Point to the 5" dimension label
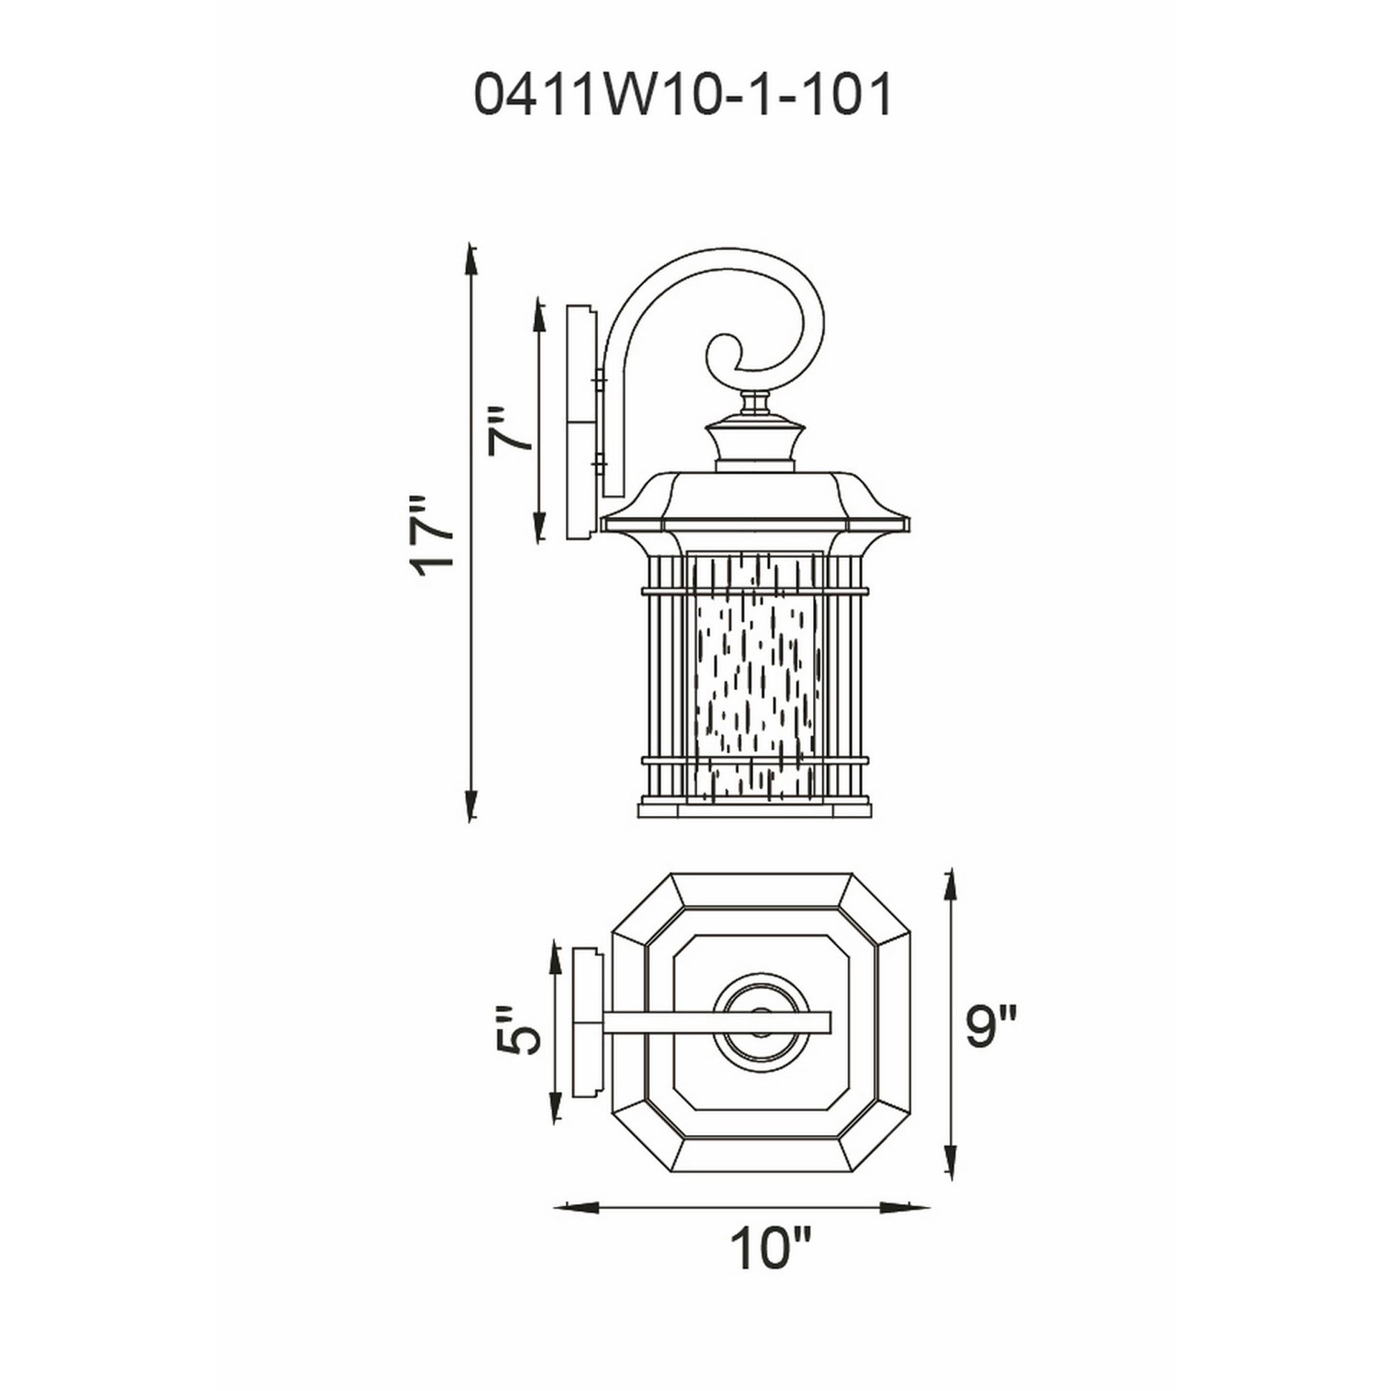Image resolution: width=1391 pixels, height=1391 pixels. pos(517,1030)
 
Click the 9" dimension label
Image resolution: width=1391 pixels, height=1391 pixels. pos(990,1026)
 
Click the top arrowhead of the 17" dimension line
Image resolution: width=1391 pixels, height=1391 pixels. pos(471,255)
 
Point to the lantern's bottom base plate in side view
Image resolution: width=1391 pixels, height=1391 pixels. pos(755,811)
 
